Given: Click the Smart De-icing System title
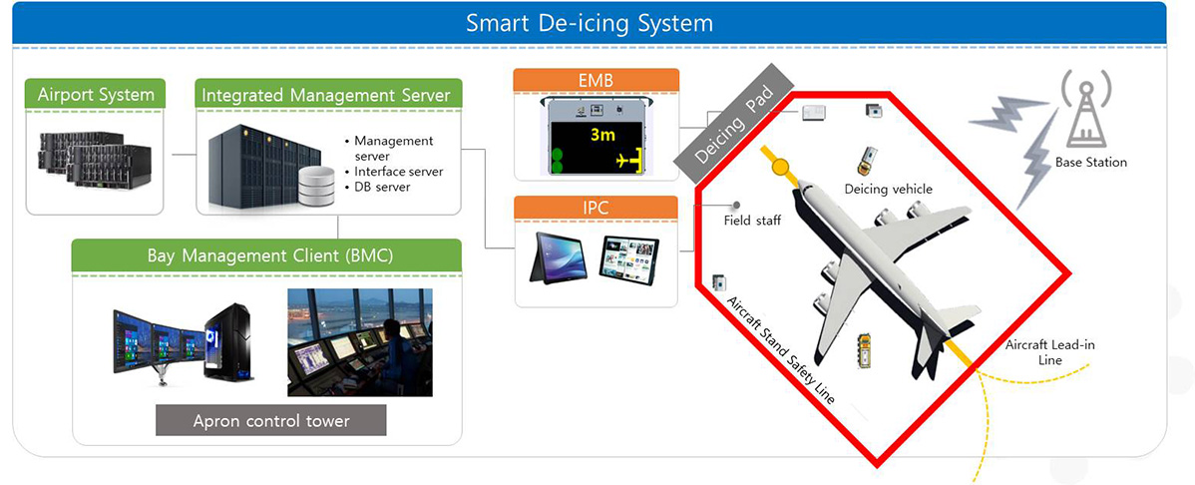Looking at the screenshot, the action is coord(590,23).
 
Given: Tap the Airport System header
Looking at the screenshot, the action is coord(96,96).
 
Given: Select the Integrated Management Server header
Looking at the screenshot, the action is coord(328,96).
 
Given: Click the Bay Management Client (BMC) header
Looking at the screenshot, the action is coord(266,255).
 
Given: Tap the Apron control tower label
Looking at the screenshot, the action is coord(270,420).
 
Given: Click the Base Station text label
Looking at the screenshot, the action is coord(1090,162).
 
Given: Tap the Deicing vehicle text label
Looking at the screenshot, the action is coord(888,189).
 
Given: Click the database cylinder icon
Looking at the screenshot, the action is coord(316,186).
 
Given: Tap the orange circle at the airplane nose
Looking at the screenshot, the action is coord(780,167).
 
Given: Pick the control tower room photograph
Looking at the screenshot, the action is coord(360,342).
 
